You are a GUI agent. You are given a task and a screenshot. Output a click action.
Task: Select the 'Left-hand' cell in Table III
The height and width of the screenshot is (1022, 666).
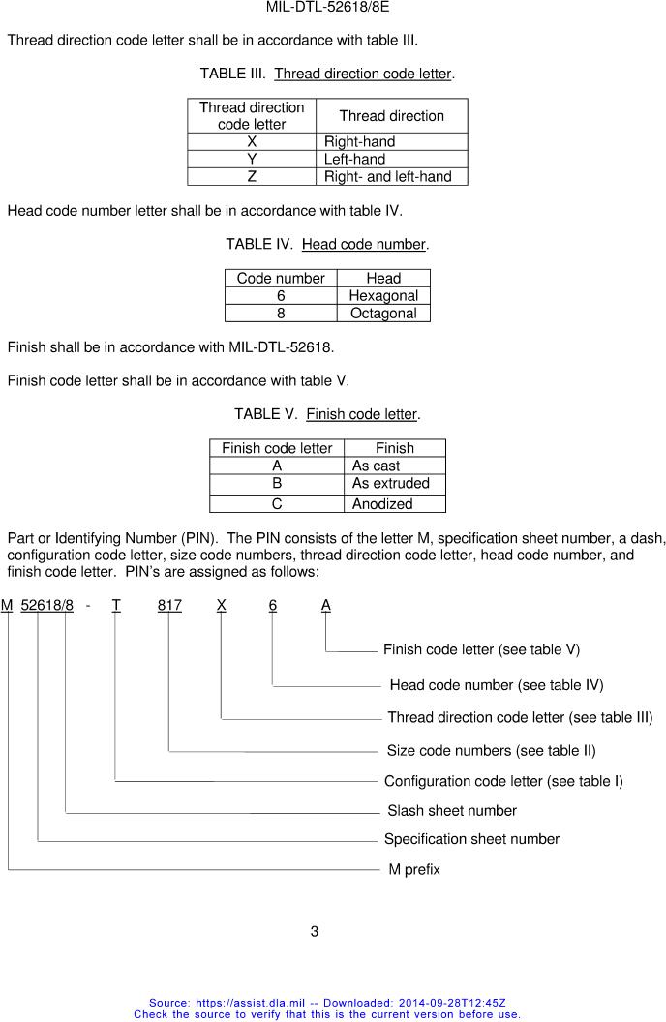(354, 159)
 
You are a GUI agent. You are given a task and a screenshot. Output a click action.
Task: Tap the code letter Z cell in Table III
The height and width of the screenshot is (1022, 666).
(252, 176)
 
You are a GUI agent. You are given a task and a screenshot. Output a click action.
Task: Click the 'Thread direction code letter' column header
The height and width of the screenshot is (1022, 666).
(252, 115)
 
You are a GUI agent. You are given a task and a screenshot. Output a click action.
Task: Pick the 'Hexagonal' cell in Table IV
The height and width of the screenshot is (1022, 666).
(383, 295)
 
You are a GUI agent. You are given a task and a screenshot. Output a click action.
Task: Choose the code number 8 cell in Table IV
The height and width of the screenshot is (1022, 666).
(281, 313)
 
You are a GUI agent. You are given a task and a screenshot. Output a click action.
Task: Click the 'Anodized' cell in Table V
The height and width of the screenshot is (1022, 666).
(382, 503)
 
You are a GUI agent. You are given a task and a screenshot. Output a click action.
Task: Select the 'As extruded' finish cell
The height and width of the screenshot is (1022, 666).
(390, 483)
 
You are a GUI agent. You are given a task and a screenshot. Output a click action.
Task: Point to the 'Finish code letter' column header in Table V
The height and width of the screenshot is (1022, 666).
(277, 448)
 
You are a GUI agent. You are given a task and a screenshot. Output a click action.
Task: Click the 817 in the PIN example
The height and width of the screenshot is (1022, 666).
(169, 605)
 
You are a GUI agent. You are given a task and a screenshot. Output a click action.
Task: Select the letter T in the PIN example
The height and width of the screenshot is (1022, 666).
(116, 605)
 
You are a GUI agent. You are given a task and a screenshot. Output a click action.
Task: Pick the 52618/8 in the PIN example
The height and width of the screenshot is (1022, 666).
(46, 605)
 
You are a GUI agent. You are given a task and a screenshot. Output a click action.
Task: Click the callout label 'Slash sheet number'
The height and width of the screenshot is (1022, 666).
(451, 810)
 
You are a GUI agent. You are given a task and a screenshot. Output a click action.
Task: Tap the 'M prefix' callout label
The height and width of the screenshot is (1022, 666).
(414, 869)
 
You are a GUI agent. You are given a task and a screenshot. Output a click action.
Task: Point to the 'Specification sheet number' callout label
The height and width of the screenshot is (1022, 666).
(471, 839)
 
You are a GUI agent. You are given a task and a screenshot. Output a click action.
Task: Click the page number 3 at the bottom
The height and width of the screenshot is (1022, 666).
(315, 932)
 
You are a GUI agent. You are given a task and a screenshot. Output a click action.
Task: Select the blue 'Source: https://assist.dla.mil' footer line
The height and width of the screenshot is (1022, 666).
(327, 1003)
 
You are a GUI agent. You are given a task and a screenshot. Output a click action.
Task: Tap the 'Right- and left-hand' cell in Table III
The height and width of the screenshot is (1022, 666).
(387, 176)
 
